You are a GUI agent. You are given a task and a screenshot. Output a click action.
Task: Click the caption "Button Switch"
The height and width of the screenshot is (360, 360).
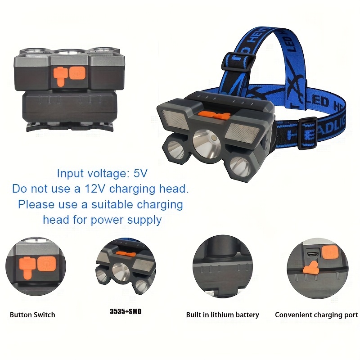[32, 315]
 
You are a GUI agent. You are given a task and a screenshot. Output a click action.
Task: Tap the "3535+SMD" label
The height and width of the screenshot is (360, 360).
[126, 311]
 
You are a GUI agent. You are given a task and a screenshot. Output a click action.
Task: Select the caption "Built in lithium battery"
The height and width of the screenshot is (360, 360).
[222, 315]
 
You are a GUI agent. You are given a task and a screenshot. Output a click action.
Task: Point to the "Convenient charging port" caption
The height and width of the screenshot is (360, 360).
[316, 315]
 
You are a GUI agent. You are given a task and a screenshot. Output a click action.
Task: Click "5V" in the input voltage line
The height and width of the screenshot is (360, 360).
[140, 173]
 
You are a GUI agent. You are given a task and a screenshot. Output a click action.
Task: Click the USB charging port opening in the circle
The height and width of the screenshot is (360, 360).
[313, 254]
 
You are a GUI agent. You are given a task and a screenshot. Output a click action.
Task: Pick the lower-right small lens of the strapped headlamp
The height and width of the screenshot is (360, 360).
[239, 166]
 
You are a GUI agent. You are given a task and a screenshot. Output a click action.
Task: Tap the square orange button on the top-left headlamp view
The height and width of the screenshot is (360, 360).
[77, 72]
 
